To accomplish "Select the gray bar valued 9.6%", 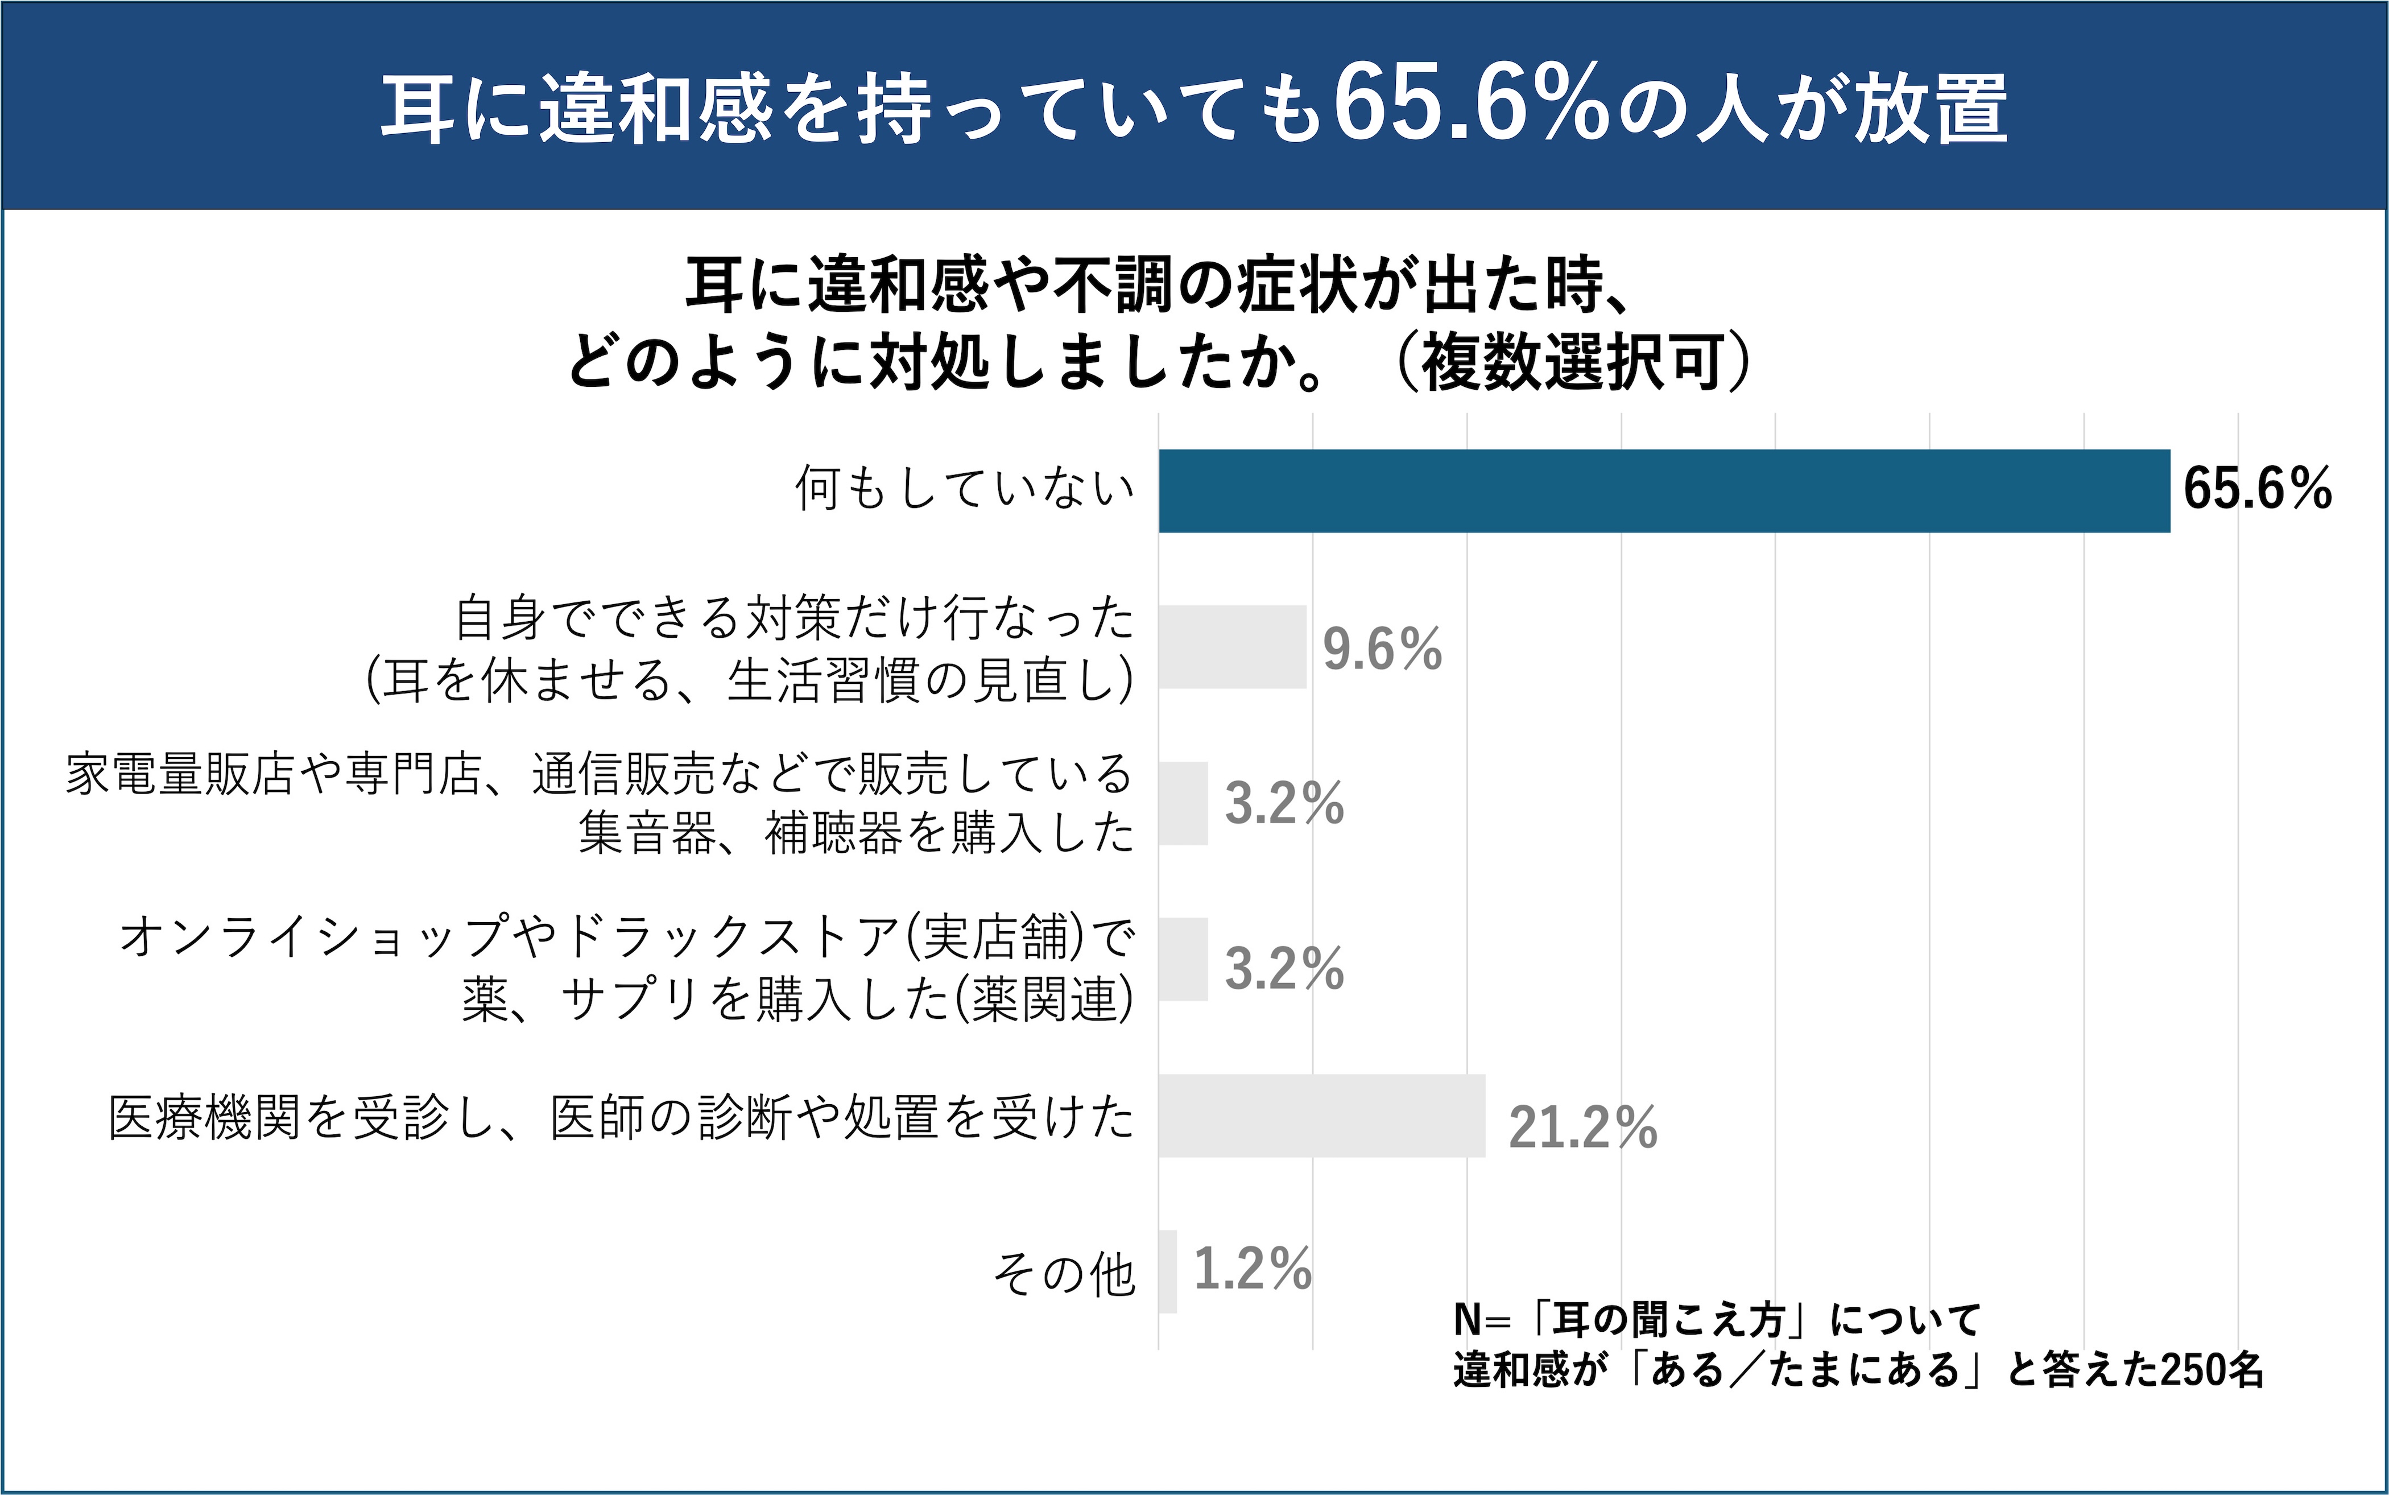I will coord(1231,647).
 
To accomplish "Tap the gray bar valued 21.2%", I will coord(1321,1116).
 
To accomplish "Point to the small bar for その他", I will coord(1167,1271).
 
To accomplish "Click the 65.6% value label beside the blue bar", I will coord(2256,489).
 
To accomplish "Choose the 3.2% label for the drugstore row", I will coord(1284,968).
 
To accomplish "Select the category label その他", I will coord(1064,1274).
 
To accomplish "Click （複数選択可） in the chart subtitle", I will coord(1572,363).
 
